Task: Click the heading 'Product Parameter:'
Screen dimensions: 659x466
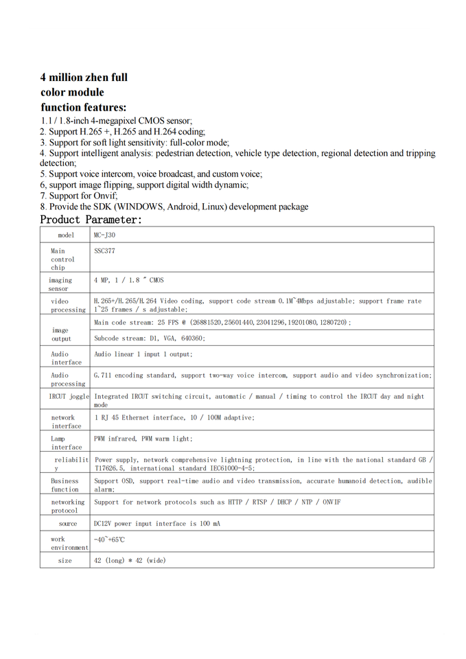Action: point(91,220)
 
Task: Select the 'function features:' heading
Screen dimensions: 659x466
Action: point(83,107)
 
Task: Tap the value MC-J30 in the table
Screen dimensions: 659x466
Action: point(104,235)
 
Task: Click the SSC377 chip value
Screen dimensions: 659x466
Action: point(104,251)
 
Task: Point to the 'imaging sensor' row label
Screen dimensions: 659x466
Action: point(60,284)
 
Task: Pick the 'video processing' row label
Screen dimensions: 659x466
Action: point(67,305)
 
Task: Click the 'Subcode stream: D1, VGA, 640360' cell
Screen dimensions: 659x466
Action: point(150,338)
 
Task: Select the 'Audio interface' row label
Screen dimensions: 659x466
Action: point(65,358)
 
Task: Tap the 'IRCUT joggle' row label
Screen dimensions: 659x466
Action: point(69,397)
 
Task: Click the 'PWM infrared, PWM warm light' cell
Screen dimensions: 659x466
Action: point(143,439)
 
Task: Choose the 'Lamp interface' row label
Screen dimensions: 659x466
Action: point(65,443)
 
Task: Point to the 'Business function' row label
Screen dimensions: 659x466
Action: point(65,485)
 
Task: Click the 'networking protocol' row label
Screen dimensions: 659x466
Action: point(67,507)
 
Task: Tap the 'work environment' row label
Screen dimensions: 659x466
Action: point(69,544)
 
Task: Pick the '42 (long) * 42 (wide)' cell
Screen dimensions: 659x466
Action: point(130,561)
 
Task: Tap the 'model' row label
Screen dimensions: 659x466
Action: point(66,235)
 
